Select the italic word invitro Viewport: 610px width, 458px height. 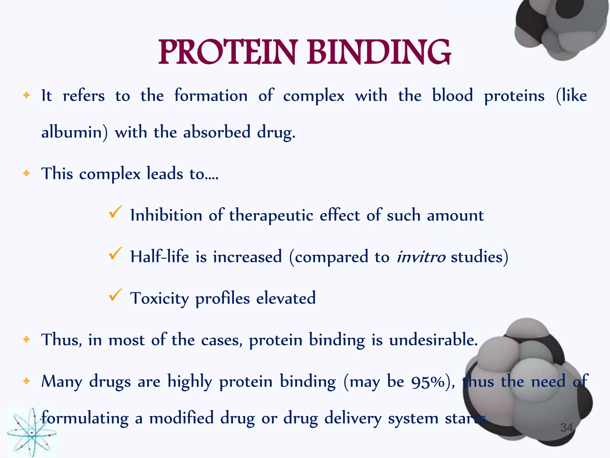click(x=421, y=257)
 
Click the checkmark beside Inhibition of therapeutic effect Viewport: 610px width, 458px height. click(x=115, y=212)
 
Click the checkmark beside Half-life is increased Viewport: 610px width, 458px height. click(x=115, y=254)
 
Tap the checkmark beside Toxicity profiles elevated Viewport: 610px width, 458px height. click(x=115, y=295)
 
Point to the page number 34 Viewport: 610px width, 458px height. click(x=567, y=428)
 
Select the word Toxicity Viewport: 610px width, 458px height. click(x=159, y=298)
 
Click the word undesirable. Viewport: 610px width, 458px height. click(x=433, y=340)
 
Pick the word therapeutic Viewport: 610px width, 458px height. click(x=271, y=215)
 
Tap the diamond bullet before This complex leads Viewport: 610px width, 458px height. click(x=27, y=173)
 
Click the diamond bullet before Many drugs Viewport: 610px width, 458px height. click(x=27, y=381)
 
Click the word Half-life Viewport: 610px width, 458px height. click(x=159, y=257)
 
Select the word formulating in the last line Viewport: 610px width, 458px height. click(x=85, y=418)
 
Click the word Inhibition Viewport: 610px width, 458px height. click(x=166, y=215)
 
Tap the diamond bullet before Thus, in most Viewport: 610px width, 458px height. click(x=27, y=339)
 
